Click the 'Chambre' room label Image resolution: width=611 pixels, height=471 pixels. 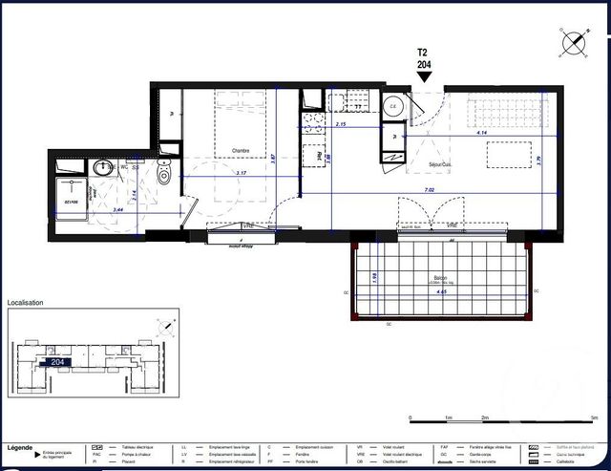click(x=240, y=151)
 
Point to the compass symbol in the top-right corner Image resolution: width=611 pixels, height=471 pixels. click(x=575, y=41)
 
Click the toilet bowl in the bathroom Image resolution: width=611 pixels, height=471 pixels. click(x=164, y=174)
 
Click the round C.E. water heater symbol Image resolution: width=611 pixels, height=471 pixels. click(x=392, y=107)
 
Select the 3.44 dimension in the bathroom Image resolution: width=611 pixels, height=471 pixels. click(x=118, y=209)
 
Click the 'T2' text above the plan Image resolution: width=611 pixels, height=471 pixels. click(x=423, y=54)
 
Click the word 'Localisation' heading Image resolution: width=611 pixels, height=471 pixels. click(x=26, y=303)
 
